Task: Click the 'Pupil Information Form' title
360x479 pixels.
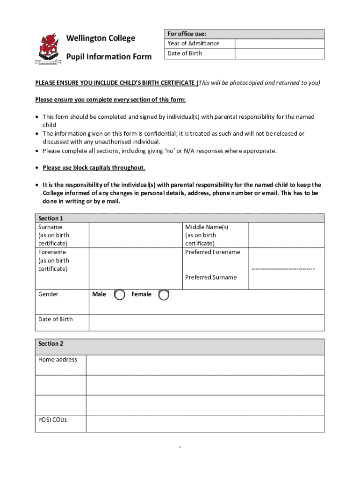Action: (x=109, y=57)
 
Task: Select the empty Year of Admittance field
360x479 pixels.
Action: (x=279, y=44)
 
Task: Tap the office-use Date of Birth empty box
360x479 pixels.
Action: (x=279, y=54)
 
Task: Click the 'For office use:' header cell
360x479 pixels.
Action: (x=187, y=34)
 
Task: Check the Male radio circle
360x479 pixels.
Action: (x=120, y=295)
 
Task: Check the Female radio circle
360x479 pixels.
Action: (x=164, y=295)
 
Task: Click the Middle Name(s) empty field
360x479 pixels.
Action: (x=286, y=235)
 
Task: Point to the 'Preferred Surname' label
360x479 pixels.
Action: (x=211, y=277)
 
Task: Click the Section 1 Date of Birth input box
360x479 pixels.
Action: (x=206, y=323)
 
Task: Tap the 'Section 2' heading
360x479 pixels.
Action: (x=51, y=344)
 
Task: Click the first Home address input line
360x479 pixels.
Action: (x=205, y=365)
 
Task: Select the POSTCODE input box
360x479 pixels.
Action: (x=205, y=423)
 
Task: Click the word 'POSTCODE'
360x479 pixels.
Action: (x=53, y=420)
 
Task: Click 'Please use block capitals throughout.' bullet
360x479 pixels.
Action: (x=94, y=168)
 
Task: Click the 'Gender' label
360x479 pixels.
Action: (x=48, y=294)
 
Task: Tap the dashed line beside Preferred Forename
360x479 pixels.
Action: (x=283, y=269)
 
